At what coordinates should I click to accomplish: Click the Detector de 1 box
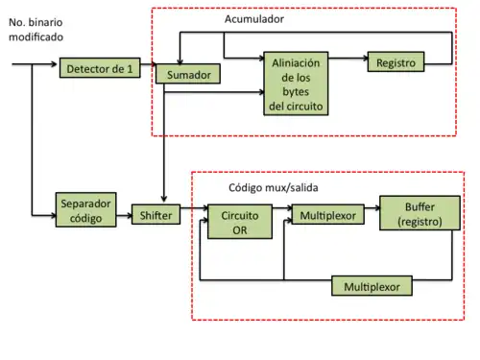[x=100, y=69]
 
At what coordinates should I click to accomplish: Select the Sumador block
[x=187, y=74]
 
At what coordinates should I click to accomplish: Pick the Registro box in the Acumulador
[x=395, y=62]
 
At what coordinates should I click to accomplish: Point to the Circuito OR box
[x=233, y=223]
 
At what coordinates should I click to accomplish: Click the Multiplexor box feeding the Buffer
[x=326, y=216]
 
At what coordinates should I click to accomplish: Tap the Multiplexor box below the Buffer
[x=372, y=286]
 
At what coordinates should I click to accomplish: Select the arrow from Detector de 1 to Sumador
[x=148, y=70]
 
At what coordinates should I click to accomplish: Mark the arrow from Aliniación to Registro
[x=348, y=62]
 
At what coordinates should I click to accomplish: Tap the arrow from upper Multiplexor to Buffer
[x=372, y=216]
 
